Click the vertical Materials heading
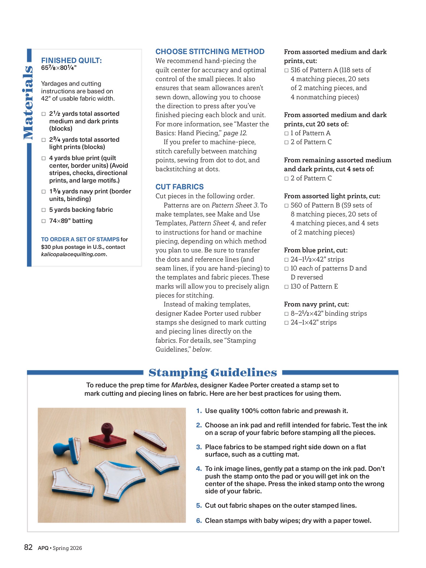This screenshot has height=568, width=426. (x=28, y=103)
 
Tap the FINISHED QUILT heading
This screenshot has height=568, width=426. (x=71, y=60)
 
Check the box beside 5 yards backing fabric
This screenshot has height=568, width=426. (x=44, y=210)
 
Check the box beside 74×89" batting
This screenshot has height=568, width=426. (x=44, y=221)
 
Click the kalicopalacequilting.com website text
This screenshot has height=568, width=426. (x=73, y=254)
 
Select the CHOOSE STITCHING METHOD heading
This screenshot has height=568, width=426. (x=210, y=51)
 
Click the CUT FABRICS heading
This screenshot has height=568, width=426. (x=180, y=187)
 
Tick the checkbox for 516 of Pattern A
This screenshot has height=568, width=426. (x=286, y=70)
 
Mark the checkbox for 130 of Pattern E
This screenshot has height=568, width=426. (x=286, y=287)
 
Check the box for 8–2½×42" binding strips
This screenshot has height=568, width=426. (x=286, y=314)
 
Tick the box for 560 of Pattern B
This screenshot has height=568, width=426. (x=286, y=206)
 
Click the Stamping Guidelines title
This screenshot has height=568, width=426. (x=213, y=373)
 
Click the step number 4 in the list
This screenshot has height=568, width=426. (x=199, y=469)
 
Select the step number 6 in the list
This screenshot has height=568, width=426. (x=199, y=521)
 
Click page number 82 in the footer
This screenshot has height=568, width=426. (x=28, y=547)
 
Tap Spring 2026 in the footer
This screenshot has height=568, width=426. (x=67, y=548)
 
